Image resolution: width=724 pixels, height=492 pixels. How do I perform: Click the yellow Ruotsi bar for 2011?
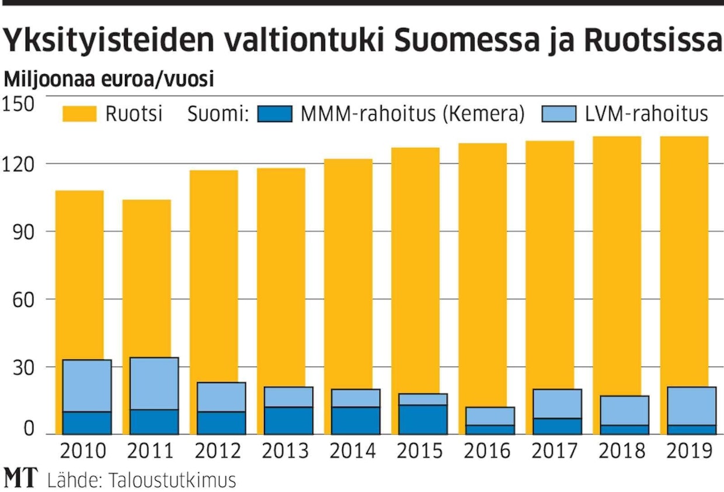pyautogui.click(x=146, y=275)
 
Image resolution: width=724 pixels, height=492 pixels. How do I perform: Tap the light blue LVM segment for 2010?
pyautogui.click(x=87, y=386)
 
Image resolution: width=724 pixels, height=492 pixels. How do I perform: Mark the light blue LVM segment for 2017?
pyautogui.click(x=557, y=404)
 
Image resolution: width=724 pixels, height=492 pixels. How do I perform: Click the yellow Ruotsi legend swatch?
pyautogui.click(x=79, y=113)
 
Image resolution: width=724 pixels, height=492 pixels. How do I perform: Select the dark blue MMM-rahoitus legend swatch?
pyautogui.click(x=274, y=113)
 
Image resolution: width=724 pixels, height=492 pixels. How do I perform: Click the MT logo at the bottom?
pyautogui.click(x=20, y=479)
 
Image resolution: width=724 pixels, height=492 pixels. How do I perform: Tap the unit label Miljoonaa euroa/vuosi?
pyautogui.click(x=109, y=79)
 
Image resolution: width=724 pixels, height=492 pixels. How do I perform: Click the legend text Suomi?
pyautogui.click(x=218, y=114)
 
